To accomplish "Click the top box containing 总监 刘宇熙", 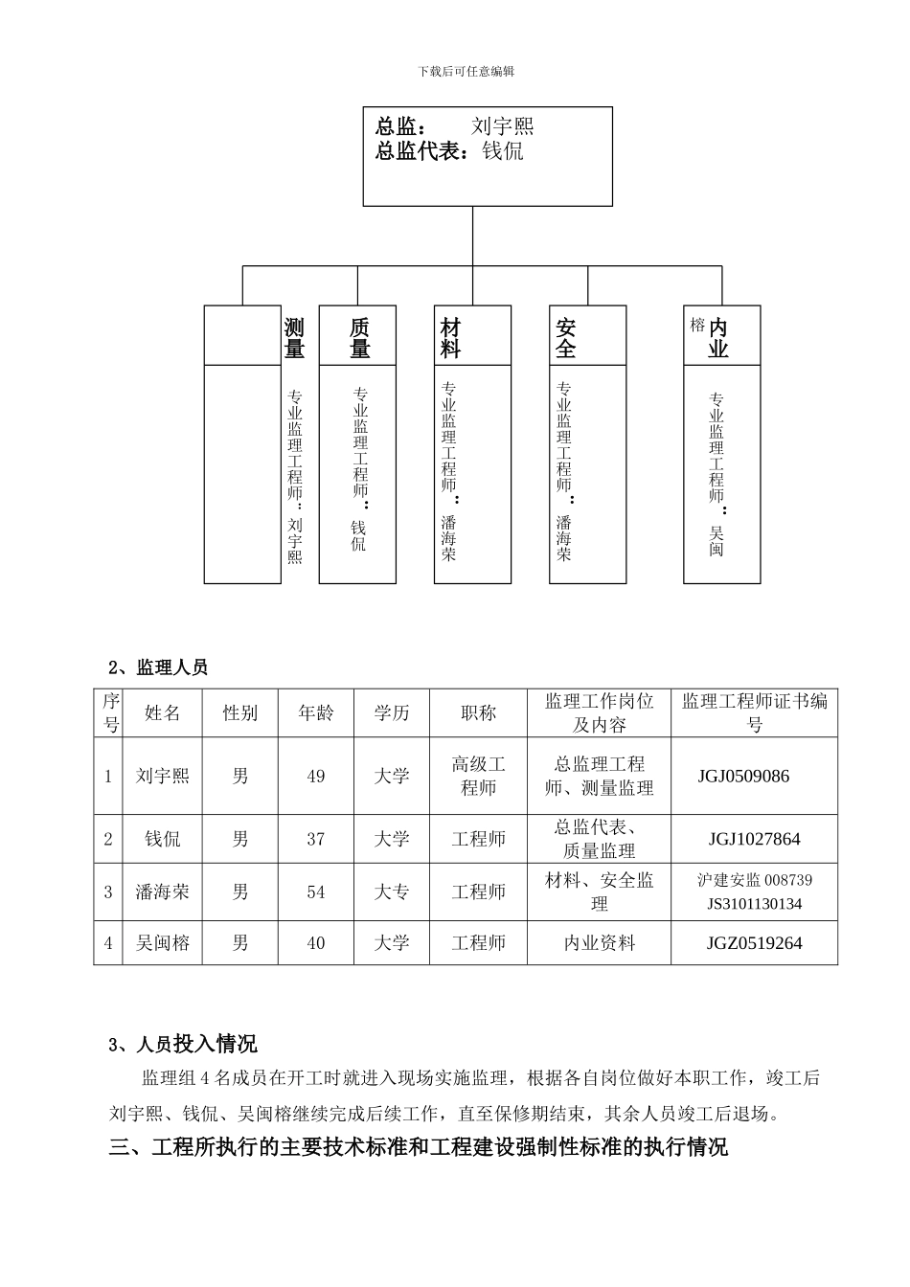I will tap(487, 156).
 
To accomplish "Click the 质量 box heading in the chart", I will tap(359, 339).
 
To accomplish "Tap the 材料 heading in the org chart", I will tap(450, 339).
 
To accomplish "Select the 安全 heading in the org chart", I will tap(565, 339).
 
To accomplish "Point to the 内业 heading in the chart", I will tap(718, 339).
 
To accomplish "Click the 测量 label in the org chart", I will tap(294, 339).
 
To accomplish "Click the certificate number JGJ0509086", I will tap(743, 777).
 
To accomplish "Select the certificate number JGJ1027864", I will tap(754, 840).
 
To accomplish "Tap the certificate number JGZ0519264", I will tap(754, 943).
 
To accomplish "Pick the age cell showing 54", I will tap(316, 892).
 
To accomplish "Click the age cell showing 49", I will tap(316, 777).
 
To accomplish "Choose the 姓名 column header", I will tap(163, 713).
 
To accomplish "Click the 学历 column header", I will tap(391, 713).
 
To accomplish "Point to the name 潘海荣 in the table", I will tap(163, 892).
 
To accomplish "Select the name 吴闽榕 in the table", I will tap(163, 943).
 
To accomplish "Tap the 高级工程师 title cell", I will tap(478, 777).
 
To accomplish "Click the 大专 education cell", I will tap(391, 892).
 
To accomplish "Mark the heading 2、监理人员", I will tap(158, 667).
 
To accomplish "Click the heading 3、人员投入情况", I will tap(183, 1044).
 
